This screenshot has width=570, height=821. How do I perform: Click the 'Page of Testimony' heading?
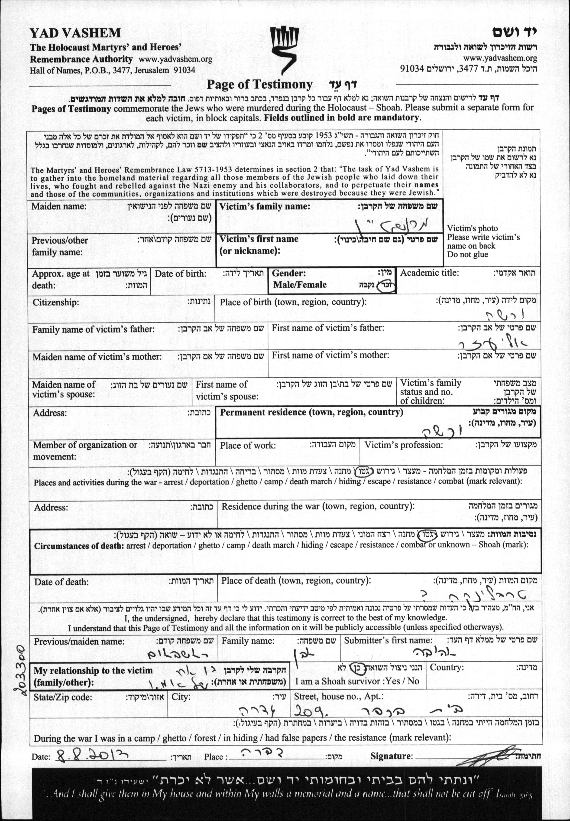(260, 85)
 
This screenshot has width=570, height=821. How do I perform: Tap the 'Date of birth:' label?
(180, 274)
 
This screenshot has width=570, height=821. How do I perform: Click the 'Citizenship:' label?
(55, 303)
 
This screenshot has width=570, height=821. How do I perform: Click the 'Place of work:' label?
(247, 446)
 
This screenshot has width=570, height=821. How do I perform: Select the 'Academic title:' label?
(429, 273)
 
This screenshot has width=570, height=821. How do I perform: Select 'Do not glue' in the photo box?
(467, 255)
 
